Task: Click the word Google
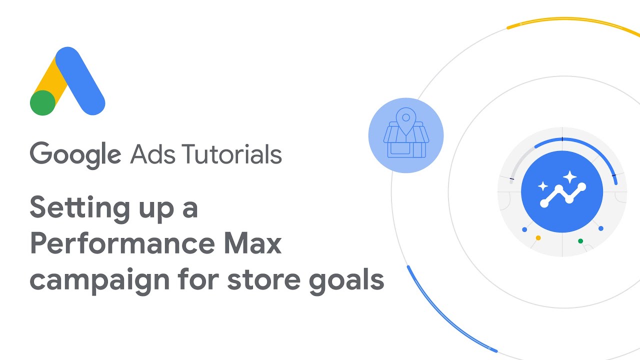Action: [75, 155]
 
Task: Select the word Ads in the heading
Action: [152, 154]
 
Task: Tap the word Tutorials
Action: [231, 154]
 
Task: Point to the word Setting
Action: [79, 208]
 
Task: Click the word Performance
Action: [122, 243]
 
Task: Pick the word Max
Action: [252, 243]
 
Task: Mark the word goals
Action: [346, 280]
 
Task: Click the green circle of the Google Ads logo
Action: [42, 103]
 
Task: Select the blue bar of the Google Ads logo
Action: [80, 81]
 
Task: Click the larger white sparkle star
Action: [569, 177]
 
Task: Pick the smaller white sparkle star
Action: [543, 186]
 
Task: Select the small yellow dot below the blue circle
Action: [538, 237]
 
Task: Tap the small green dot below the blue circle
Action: [580, 241]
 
